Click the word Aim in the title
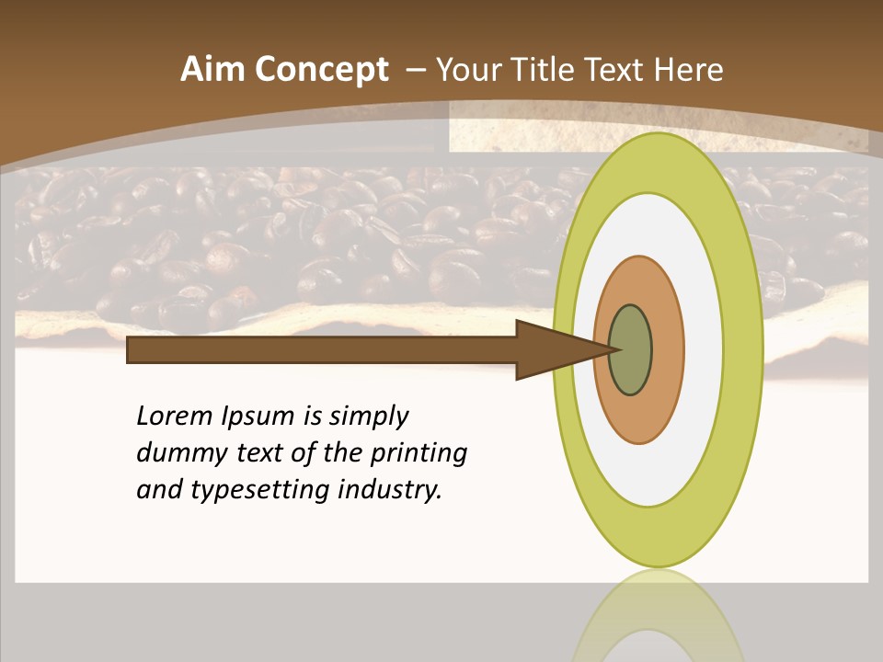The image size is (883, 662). [212, 71]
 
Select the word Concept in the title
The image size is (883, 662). [321, 71]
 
